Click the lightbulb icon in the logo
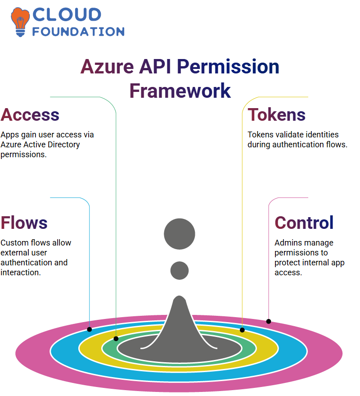[20, 22]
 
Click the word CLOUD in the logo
[67, 14]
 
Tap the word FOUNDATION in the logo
[78, 32]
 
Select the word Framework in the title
[180, 91]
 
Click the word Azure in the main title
[107, 67]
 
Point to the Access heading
[30, 115]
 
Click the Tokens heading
[276, 115]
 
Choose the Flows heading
[24, 223]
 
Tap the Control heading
[304, 223]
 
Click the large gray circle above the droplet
[180, 234]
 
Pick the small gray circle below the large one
[180, 271]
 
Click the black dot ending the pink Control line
[269, 321]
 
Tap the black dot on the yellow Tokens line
[242, 330]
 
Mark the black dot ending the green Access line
[116, 339]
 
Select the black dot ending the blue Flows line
[89, 329]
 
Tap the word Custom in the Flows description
[14, 243]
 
